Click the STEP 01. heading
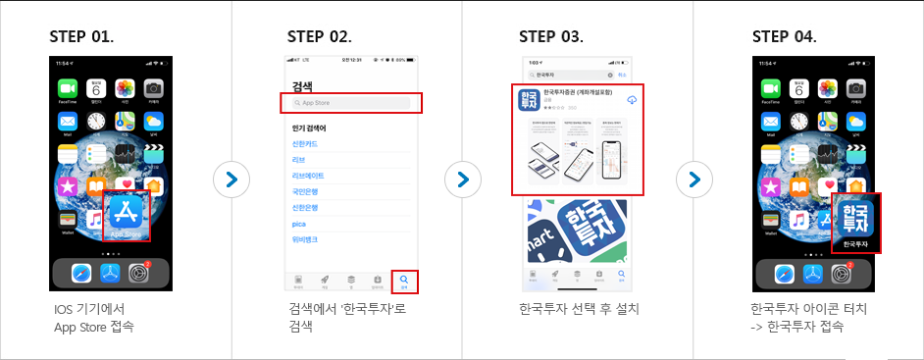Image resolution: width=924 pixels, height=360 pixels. pyautogui.click(x=81, y=37)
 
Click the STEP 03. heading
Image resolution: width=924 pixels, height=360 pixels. pyautogui.click(x=551, y=37)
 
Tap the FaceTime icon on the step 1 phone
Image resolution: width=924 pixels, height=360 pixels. pyautogui.click(x=68, y=89)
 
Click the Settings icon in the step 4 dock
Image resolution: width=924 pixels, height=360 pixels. pyautogui.click(x=843, y=274)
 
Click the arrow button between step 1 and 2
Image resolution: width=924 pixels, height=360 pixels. pyautogui.click(x=231, y=180)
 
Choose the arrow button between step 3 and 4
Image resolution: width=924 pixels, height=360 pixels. pyautogui.click(x=693, y=180)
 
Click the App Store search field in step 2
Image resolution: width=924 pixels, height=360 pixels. pyautogui.click(x=351, y=102)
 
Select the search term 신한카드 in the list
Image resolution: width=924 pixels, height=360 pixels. pyautogui.click(x=307, y=143)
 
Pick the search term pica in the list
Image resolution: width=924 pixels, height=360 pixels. pyautogui.click(x=300, y=223)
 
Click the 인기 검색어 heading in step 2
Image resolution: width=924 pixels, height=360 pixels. pyautogui.click(x=309, y=128)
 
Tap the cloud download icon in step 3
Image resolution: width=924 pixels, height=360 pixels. pyautogui.click(x=632, y=100)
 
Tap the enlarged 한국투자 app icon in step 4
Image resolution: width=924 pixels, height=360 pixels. pyautogui.click(x=855, y=222)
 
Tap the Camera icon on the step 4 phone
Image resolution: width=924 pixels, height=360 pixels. pyautogui.click(x=856, y=89)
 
